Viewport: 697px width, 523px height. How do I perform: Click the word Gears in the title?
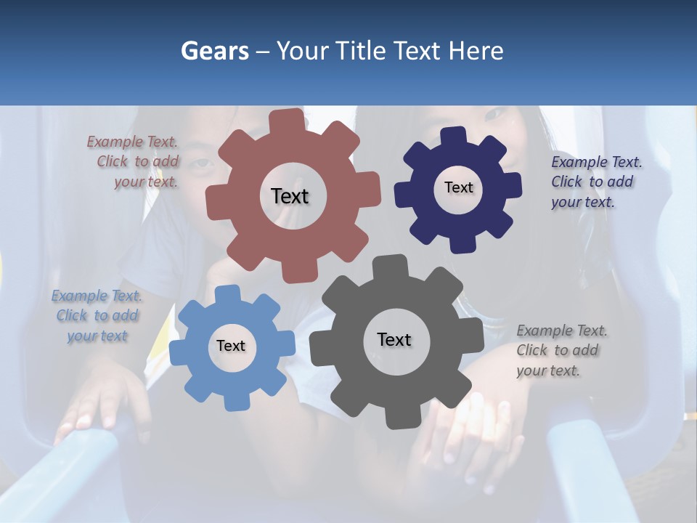point(214,51)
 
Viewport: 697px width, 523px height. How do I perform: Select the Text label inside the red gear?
point(290,196)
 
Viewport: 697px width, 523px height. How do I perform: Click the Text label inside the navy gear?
point(458,187)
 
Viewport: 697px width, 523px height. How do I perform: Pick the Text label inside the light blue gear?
point(231,346)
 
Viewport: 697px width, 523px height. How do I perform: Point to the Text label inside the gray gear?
point(394,339)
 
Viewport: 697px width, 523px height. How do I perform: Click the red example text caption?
point(135,162)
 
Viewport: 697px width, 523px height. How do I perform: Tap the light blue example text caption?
point(97,315)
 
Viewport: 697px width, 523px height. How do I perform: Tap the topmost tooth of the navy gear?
point(454,135)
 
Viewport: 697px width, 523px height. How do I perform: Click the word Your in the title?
point(305,51)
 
